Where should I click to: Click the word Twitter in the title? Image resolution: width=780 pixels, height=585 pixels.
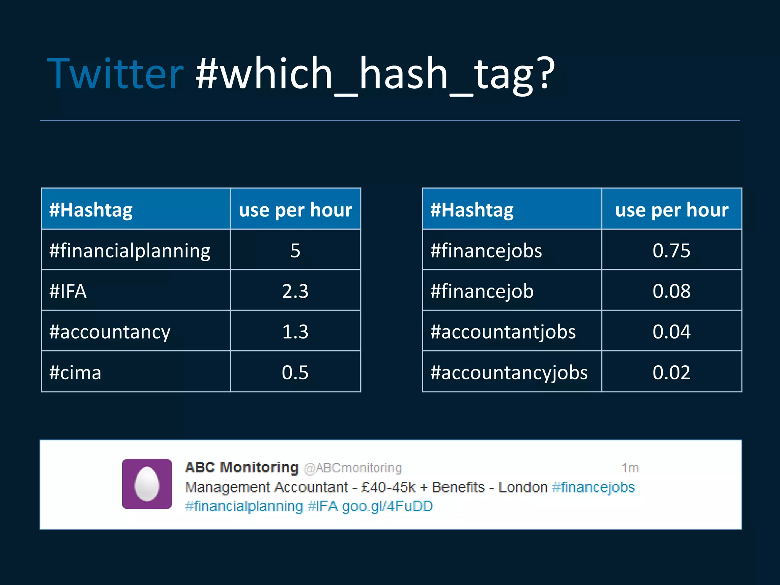pyautogui.click(x=115, y=73)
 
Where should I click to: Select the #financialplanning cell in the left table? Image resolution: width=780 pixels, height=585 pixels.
pyautogui.click(x=129, y=251)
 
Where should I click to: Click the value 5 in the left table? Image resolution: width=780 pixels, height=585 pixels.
pyautogui.click(x=295, y=251)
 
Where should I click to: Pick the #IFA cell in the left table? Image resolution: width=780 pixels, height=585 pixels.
pyautogui.click(x=68, y=291)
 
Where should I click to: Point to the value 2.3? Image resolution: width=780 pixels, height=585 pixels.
pyautogui.click(x=295, y=291)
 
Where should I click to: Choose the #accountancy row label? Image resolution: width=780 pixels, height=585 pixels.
pyautogui.click(x=110, y=332)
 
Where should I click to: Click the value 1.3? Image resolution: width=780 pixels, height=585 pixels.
pyautogui.click(x=295, y=332)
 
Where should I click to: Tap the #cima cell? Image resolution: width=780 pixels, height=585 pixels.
pyautogui.click(x=75, y=372)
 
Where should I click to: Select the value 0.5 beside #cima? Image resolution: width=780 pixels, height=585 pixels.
pyautogui.click(x=295, y=372)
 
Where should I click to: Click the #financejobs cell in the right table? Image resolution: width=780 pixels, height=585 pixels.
pyautogui.click(x=486, y=251)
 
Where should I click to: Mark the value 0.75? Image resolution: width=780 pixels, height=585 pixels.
pyautogui.click(x=671, y=251)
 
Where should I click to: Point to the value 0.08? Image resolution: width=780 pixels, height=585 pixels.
pyautogui.click(x=671, y=291)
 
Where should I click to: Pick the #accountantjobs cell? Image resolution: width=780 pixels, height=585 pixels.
pyautogui.click(x=503, y=332)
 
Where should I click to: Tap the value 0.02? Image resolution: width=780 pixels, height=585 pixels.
pyautogui.click(x=671, y=372)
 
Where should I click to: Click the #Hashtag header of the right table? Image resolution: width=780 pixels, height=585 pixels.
pyautogui.click(x=472, y=210)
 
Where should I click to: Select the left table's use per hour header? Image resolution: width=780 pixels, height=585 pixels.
pyautogui.click(x=295, y=210)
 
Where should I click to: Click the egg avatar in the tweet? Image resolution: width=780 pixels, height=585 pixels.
pyautogui.click(x=147, y=484)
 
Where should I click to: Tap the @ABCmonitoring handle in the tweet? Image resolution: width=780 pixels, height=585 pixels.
pyautogui.click(x=353, y=468)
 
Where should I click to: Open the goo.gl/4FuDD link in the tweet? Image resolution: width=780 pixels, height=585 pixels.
pyautogui.click(x=387, y=507)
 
